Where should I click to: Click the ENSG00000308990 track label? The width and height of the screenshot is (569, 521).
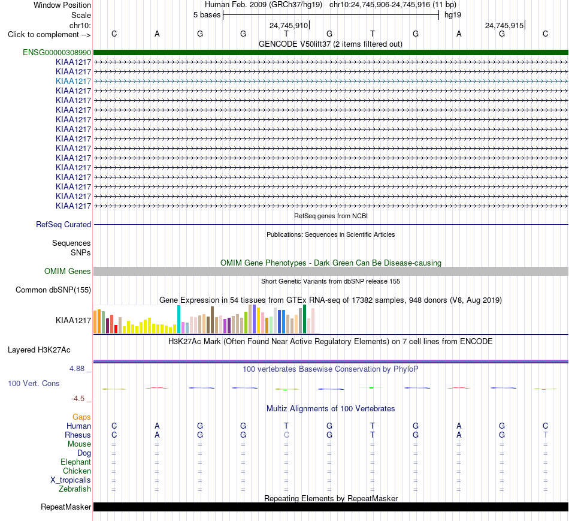pos(57,52)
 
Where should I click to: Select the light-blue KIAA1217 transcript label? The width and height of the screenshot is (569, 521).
pos(73,81)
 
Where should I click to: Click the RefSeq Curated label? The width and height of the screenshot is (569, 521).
pos(63,225)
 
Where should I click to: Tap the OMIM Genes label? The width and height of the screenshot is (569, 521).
pos(68,271)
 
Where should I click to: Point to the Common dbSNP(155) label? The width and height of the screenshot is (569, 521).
pos(53,290)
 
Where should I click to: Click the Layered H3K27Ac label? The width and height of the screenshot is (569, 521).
pos(39,350)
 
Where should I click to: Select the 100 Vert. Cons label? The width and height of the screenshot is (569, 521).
pos(34,383)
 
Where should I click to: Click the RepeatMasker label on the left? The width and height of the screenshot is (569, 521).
pos(66,507)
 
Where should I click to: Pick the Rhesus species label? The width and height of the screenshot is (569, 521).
pos(78,435)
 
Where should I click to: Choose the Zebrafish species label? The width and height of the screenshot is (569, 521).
pos(75,489)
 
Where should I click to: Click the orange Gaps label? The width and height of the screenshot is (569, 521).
pos(81,417)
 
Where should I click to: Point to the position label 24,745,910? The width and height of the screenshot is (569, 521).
pos(289,25)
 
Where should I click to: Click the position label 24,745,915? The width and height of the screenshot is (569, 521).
pos(504,25)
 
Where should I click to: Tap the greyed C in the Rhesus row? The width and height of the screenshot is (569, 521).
pos(286,435)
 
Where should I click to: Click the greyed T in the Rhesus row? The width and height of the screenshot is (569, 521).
pos(545,435)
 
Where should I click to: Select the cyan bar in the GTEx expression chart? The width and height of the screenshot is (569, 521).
pos(179,320)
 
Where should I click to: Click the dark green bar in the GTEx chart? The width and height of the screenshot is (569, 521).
pos(304,319)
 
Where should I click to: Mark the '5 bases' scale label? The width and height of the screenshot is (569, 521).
pos(207,15)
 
